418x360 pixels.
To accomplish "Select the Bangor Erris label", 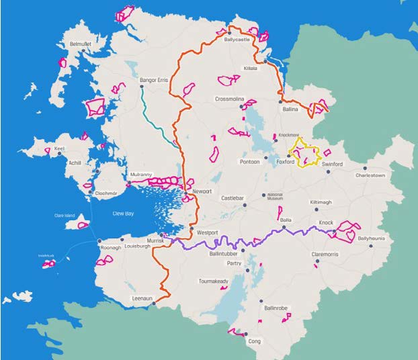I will click(153, 81).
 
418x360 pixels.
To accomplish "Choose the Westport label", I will click(208, 232).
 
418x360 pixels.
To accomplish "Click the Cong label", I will click(254, 341).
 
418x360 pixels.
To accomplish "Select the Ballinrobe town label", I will click(276, 308).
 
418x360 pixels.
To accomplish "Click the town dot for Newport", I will click(186, 192).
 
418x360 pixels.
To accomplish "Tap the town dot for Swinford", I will click(327, 171).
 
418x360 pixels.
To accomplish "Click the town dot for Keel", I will click(60, 154).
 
